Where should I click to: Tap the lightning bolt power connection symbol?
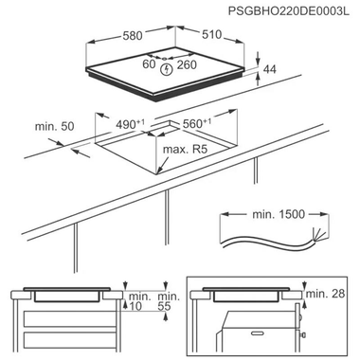point(167,67)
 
